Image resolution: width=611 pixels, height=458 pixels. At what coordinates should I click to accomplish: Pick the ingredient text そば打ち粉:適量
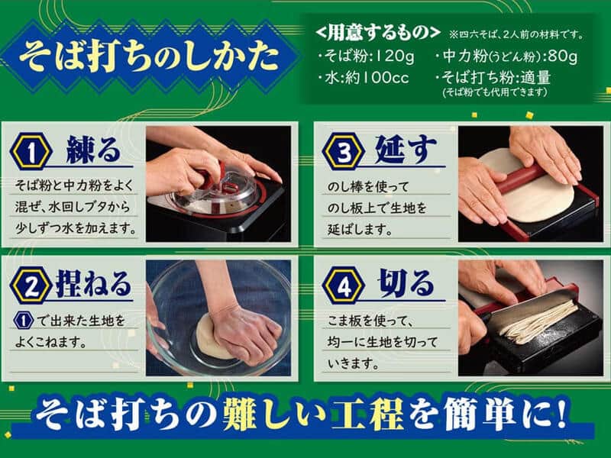click(x=504, y=77)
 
